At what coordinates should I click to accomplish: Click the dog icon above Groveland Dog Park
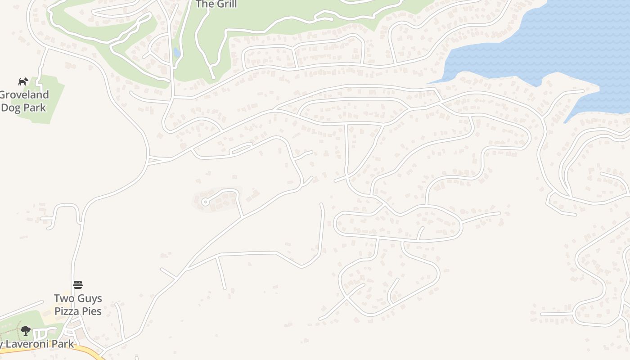23,81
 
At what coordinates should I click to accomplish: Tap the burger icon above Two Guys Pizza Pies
78,285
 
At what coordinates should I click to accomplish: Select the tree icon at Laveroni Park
26,331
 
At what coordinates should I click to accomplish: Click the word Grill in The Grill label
226,4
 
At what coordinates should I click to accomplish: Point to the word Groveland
24,95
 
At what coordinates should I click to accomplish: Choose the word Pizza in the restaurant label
67,311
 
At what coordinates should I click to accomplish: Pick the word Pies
92,311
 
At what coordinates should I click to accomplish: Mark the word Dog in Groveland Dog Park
11,108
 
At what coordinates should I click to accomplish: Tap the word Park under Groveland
35,108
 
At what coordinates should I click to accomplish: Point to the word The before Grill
205,4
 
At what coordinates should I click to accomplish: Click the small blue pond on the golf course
177,53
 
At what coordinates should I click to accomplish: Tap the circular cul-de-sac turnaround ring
205,202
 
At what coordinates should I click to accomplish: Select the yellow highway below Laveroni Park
85,350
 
